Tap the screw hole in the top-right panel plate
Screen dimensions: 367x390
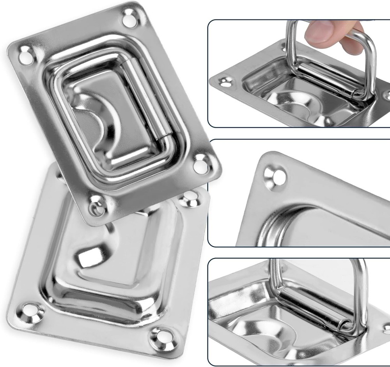click(x=225, y=82)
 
